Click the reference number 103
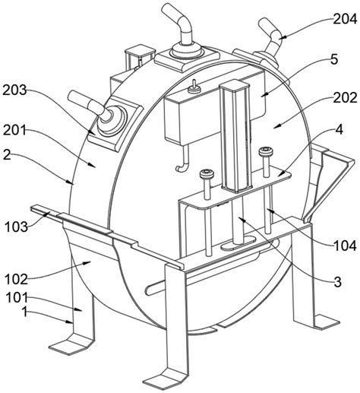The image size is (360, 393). click(x=17, y=226)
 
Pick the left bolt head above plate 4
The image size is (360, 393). click(x=205, y=175)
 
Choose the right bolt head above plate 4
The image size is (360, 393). click(x=266, y=152)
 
